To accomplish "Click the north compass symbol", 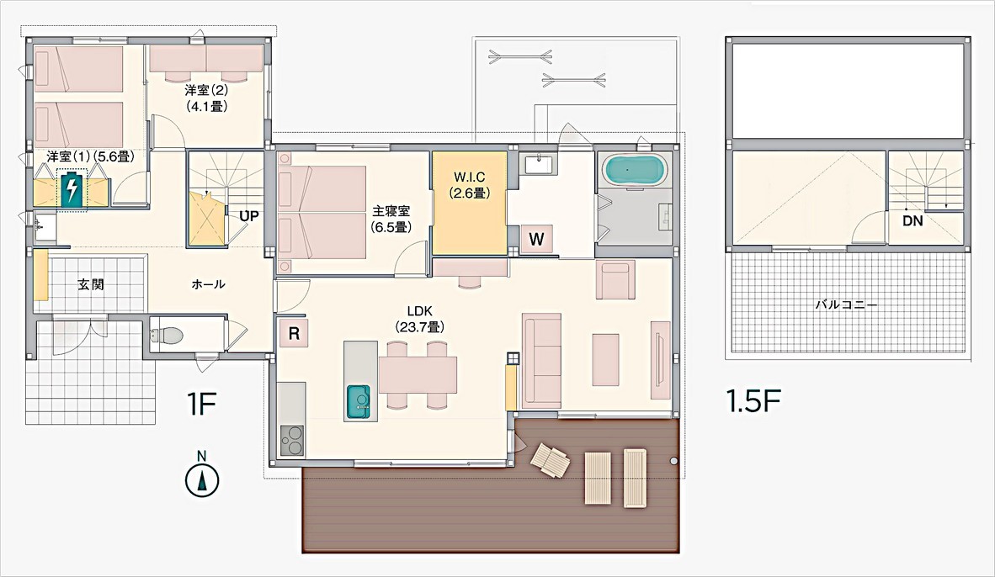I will [x=202, y=479].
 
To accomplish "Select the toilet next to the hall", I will [x=168, y=336].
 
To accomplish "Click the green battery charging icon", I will [x=73, y=188].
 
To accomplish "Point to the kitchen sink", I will [x=359, y=400].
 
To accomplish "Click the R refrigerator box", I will [x=294, y=333].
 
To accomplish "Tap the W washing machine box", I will [x=536, y=240].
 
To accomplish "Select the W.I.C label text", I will [x=469, y=179].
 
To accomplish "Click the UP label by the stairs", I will [x=248, y=215].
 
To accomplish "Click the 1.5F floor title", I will [x=753, y=401].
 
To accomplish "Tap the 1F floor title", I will [x=203, y=404].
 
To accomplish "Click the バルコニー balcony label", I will [x=846, y=304].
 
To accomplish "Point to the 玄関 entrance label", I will [x=91, y=284].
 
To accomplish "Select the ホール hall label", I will [x=208, y=284].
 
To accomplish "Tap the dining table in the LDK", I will [x=417, y=375].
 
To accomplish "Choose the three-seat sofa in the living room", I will [x=541, y=361].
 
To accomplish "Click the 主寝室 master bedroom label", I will [x=391, y=212].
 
